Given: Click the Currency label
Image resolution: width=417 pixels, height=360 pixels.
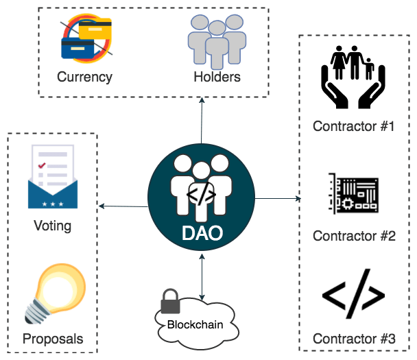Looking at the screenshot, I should tap(84, 77).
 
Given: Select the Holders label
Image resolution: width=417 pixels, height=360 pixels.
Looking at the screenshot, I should tap(217, 77).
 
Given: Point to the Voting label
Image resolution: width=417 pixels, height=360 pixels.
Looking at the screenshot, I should tap(52, 226).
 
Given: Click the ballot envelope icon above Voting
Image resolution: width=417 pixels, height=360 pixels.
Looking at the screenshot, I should tap(53, 178).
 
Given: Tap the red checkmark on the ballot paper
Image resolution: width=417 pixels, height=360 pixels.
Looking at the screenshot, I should tap(42, 165).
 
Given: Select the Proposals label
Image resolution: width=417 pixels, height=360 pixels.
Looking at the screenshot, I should tap(53, 339).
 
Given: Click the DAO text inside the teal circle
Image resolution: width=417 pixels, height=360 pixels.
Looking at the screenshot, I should tap(202, 232).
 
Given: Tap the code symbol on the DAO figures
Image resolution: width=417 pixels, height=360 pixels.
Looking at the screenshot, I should tap(202, 193).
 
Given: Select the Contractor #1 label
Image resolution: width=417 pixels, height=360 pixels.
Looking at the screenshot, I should tap(353, 126).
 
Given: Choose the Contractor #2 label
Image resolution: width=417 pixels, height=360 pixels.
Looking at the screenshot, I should tap(354, 236).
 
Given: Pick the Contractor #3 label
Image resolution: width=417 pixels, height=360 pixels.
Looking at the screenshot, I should tap(354, 339).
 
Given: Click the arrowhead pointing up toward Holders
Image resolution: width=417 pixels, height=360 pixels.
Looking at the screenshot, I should tap(202, 101).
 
